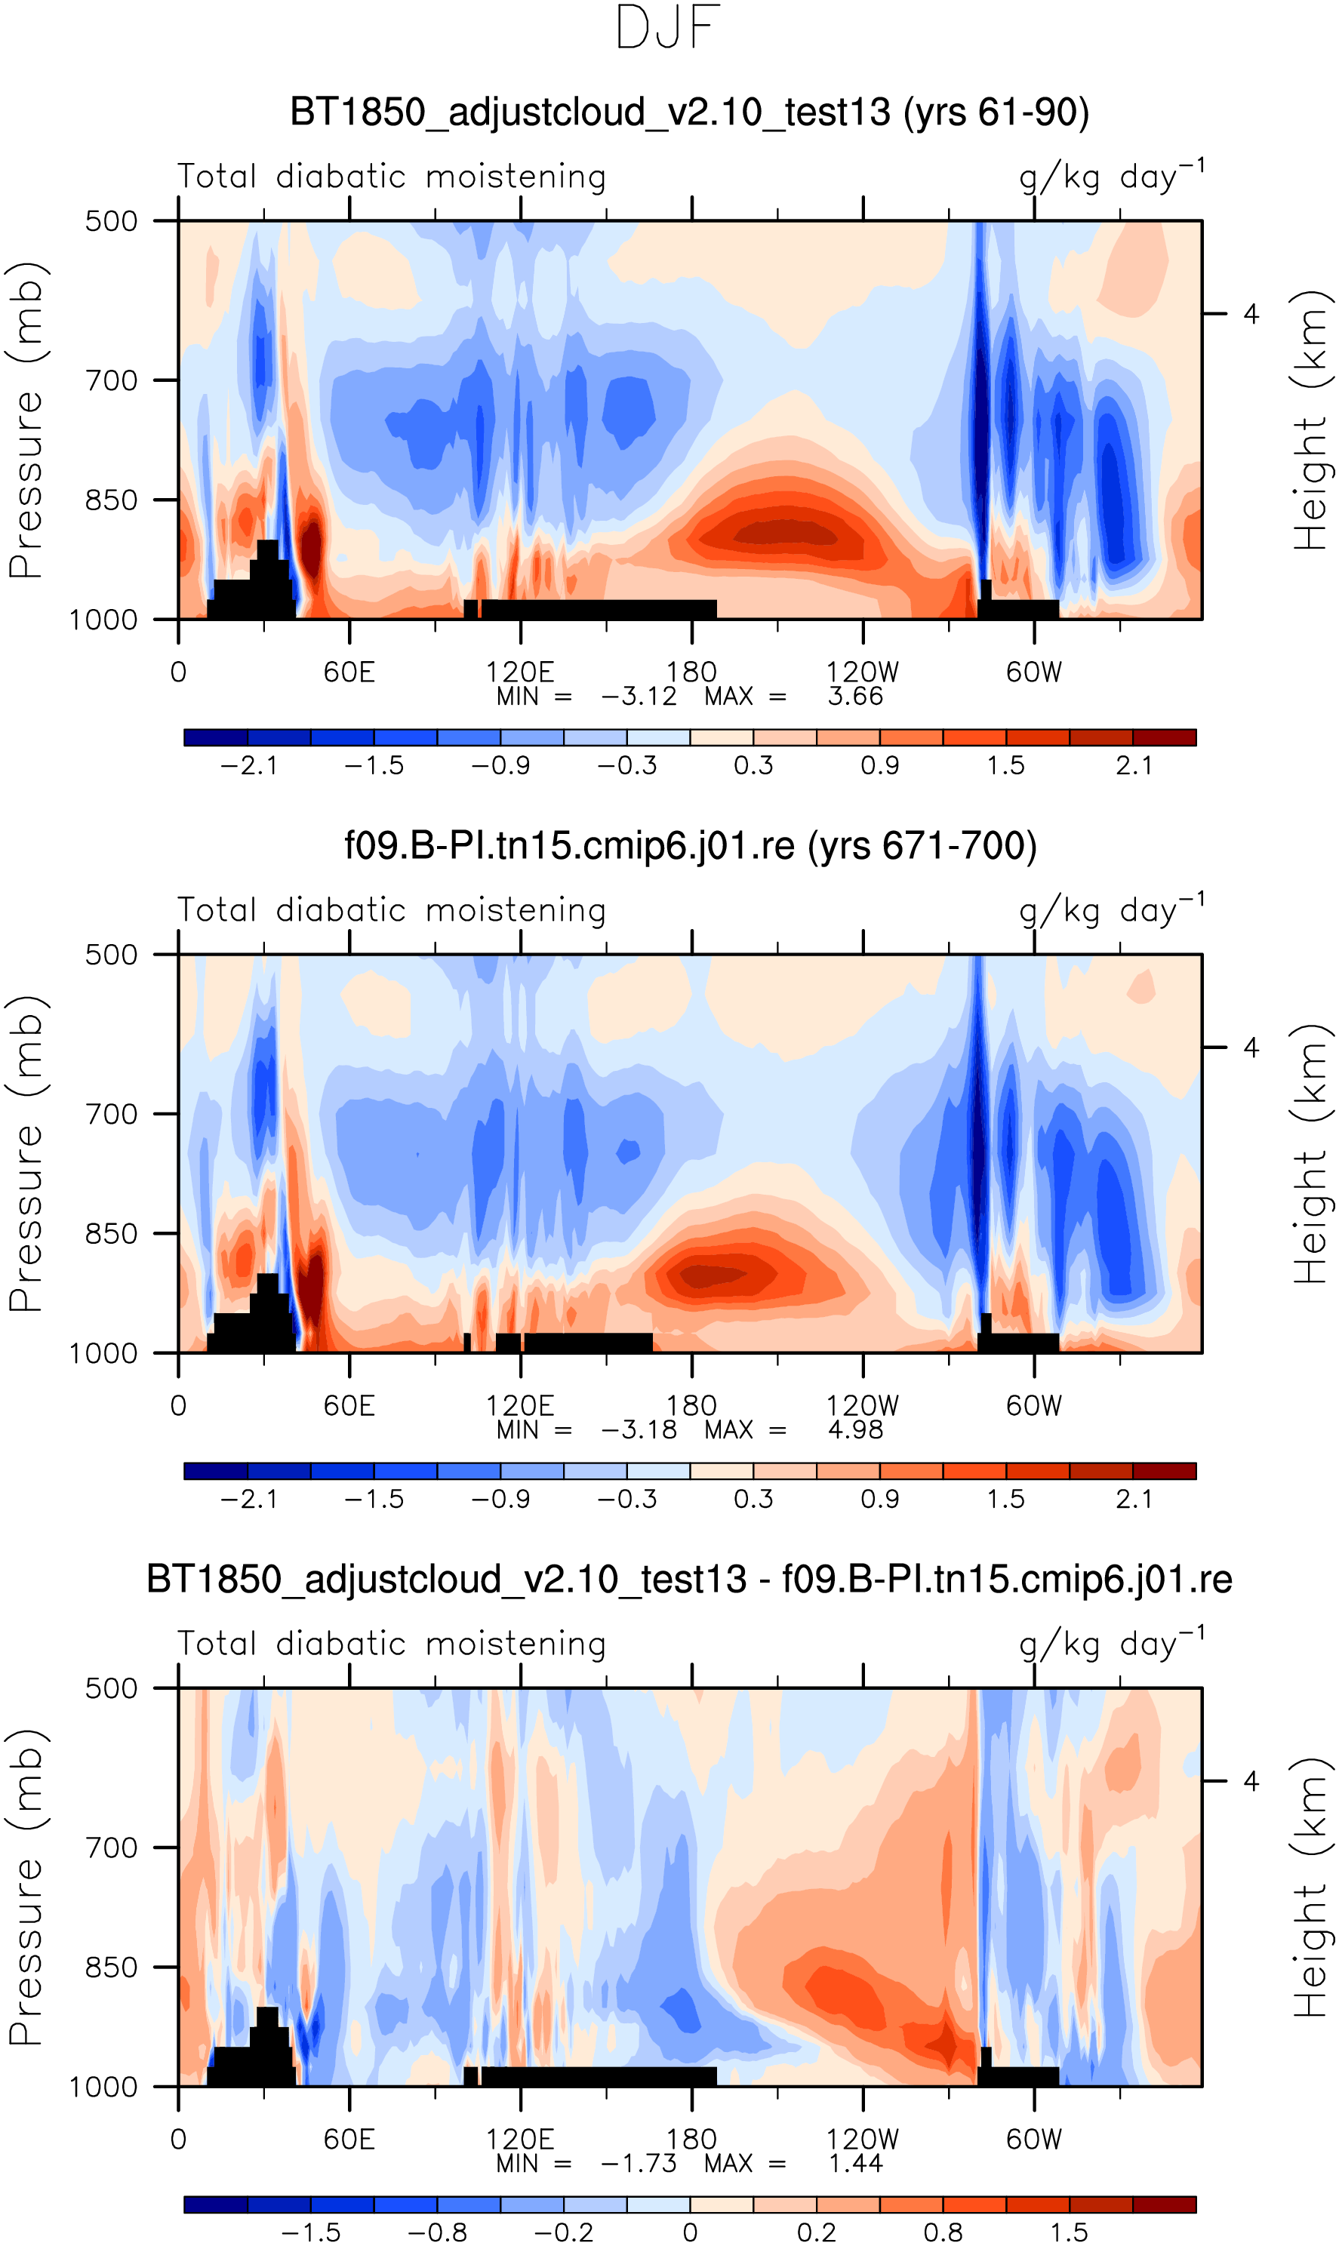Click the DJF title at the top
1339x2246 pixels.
pos(668,28)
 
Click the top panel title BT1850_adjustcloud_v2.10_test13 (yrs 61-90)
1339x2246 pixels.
pos(689,112)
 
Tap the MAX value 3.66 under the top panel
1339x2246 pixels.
pos(854,697)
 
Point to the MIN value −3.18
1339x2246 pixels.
pos(638,1429)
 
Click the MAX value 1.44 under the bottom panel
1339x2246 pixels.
pos(854,2163)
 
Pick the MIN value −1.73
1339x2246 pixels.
pos(638,2163)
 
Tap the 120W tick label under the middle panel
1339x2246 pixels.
pos(863,1406)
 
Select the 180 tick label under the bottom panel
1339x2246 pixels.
pos(691,2140)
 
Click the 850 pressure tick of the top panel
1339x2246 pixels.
pos(111,500)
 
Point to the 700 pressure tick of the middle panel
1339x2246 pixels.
pos(111,1115)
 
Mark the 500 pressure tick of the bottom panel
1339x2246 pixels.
pos(111,1688)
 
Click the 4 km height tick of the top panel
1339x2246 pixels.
pos(1251,314)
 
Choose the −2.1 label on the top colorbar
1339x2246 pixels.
pos(248,766)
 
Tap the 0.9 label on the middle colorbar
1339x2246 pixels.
pos(880,1499)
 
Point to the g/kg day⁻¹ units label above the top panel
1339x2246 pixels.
pos(1112,177)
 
